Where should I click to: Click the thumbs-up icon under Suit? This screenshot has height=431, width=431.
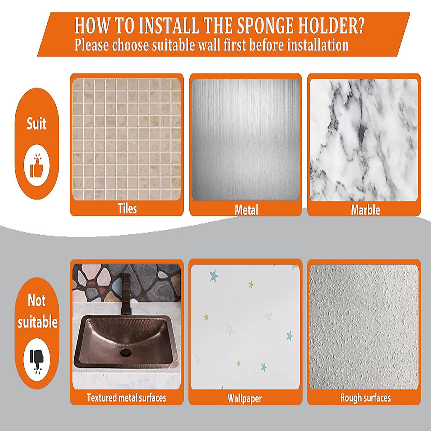point(37,166)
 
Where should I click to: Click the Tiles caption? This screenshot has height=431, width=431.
point(127,209)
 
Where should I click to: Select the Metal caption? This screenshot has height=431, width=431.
point(246,210)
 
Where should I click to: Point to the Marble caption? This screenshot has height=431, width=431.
point(365,210)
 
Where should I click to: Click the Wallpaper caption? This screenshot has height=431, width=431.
point(245,398)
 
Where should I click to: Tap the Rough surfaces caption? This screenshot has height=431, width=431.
point(366,398)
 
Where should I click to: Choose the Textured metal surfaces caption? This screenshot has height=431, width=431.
point(126,398)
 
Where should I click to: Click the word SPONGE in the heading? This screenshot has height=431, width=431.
point(265,26)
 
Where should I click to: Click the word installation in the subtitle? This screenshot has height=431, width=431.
point(318,45)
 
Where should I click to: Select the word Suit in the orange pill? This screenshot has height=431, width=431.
point(37,124)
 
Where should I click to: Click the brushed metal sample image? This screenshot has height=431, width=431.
point(246,139)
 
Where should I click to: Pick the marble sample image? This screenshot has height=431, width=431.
point(364,140)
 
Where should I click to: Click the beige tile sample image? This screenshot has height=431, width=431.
point(126,139)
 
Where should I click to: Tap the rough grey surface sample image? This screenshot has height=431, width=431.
point(364,327)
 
